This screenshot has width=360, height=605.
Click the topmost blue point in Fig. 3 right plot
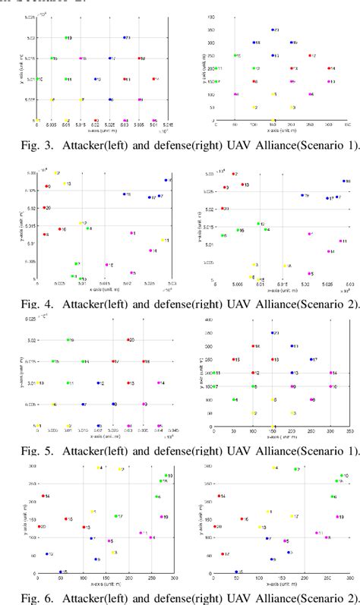(272, 30)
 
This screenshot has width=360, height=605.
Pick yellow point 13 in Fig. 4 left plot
(64, 184)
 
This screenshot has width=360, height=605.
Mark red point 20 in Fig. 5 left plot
(127, 340)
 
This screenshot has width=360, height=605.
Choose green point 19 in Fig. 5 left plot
(68, 340)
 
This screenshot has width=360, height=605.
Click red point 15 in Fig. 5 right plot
(233, 360)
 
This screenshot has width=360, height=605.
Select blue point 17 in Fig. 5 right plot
(311, 360)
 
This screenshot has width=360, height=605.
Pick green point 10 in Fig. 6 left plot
(166, 476)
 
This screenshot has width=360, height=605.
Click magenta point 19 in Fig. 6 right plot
(333, 517)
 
